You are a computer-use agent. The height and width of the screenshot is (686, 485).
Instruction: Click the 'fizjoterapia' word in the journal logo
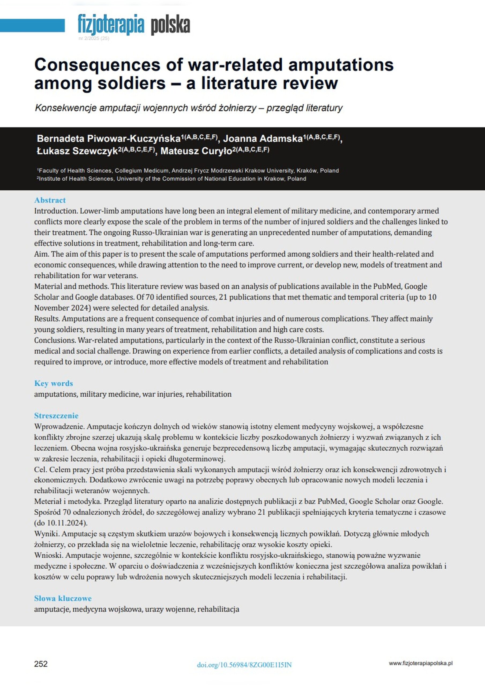[x=111, y=25]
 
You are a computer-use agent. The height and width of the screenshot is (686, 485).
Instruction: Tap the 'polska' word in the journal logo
[x=170, y=25]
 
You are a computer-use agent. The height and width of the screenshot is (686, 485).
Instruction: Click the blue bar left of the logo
[x=32, y=25]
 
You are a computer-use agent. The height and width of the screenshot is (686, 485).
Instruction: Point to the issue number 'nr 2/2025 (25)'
[x=94, y=39]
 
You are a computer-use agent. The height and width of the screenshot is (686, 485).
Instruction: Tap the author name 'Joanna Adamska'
[x=263, y=139]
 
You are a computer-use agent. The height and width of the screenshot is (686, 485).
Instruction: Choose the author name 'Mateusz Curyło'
[x=196, y=151]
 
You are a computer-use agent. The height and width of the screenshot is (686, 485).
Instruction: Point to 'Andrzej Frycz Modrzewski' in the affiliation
[x=205, y=171]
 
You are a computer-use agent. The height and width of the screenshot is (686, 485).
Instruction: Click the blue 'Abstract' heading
[x=50, y=200]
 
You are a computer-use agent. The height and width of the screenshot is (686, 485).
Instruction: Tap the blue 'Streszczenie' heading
[x=56, y=416]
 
